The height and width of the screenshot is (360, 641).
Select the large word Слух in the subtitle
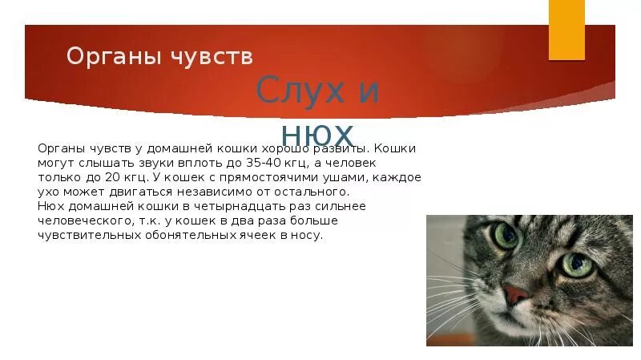tap(293, 92)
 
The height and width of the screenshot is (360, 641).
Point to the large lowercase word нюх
tap(317, 132)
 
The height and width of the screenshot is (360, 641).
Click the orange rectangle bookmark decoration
tap(566, 30)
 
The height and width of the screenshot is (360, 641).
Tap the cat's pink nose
tap(517, 294)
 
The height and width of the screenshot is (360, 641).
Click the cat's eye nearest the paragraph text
tap(506, 236)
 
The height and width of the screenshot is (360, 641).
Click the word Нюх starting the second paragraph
tap(50, 206)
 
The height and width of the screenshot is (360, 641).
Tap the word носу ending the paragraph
tap(308, 235)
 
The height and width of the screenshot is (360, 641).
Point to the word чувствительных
tap(89, 235)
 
